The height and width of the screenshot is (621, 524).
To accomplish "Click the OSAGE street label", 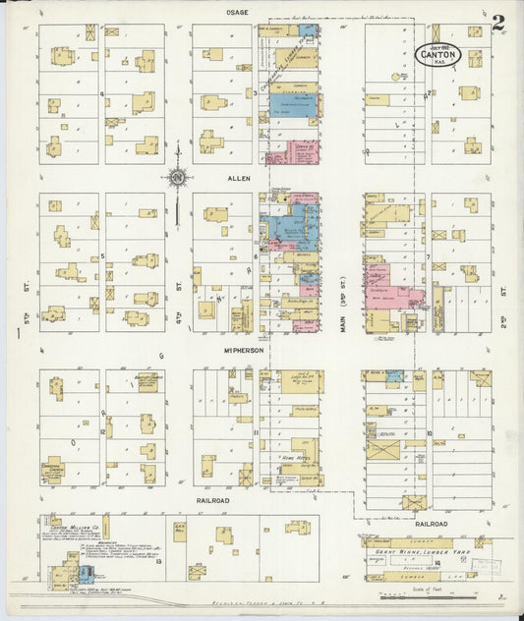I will (x=237, y=13).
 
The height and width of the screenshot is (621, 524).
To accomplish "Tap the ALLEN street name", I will (x=241, y=179).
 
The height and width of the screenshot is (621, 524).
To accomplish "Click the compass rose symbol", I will (x=178, y=178).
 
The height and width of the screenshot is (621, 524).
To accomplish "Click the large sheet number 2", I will (x=499, y=21).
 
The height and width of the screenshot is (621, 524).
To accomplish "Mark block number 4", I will (x=102, y=94).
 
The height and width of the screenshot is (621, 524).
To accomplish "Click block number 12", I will (x=102, y=430).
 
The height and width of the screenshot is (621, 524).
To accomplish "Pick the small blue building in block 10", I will (x=394, y=376).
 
